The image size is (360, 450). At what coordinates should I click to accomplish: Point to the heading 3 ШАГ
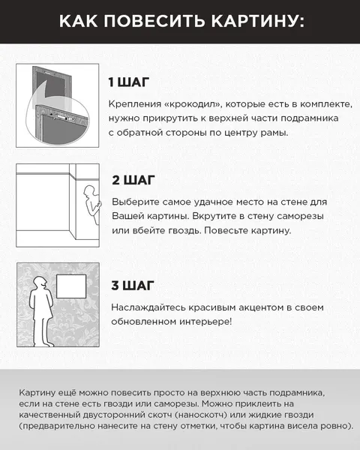[133, 285]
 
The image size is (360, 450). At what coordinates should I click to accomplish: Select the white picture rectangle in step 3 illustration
[70, 289]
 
